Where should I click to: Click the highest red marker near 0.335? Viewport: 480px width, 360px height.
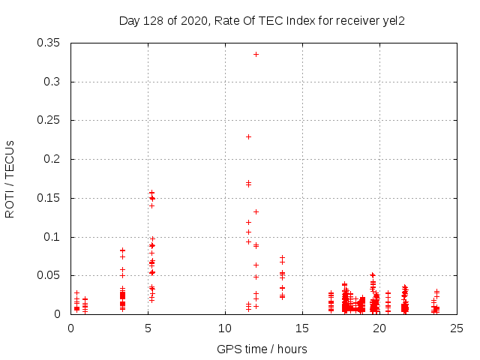(x=256, y=54)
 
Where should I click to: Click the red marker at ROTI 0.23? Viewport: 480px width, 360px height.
(x=248, y=136)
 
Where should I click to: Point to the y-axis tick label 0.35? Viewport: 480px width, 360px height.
(x=50, y=43)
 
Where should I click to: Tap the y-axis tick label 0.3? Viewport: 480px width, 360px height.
(x=53, y=82)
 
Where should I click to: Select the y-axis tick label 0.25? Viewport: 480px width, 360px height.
(x=50, y=120)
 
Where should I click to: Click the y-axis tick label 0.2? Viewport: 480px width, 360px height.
(x=53, y=159)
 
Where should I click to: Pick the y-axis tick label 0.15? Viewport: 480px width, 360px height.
(x=50, y=198)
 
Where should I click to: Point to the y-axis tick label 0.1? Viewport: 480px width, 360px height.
(x=53, y=237)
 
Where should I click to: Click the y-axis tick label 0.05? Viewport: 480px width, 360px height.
(x=50, y=275)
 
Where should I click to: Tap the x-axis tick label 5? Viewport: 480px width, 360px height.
(x=148, y=328)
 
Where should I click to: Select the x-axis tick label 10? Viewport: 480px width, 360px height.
(x=225, y=328)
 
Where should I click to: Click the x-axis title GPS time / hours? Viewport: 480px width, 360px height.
(x=262, y=349)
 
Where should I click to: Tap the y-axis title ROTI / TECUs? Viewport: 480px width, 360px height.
(x=10, y=178)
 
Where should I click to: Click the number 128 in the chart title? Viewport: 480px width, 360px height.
(x=152, y=20)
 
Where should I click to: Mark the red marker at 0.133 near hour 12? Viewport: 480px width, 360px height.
(x=256, y=211)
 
